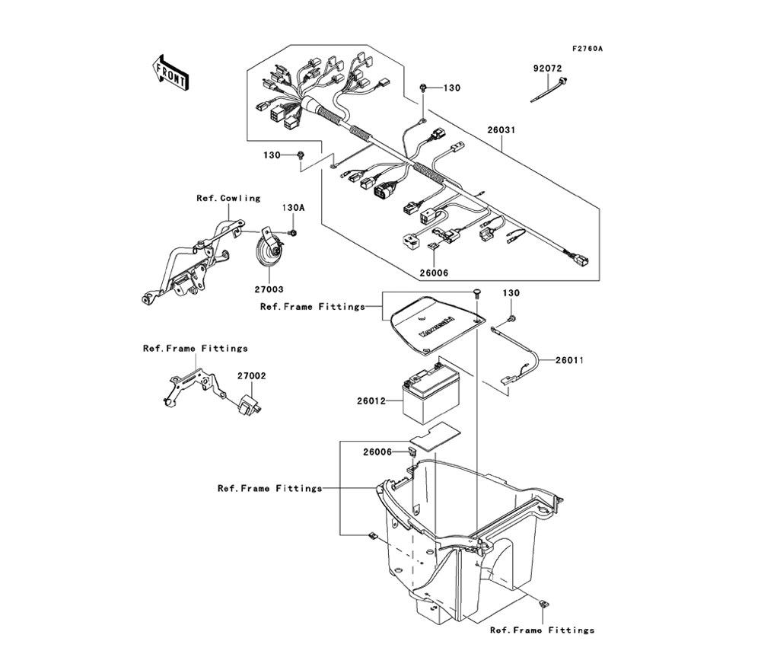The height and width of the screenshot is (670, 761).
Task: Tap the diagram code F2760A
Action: pos(587,49)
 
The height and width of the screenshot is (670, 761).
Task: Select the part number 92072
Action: pos(547,69)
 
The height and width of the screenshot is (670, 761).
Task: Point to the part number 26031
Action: pos(501,130)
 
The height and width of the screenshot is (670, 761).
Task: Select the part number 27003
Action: pos(269,289)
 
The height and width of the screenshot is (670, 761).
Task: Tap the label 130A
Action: pos(294,208)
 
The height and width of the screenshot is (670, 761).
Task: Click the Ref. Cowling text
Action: pos(228,198)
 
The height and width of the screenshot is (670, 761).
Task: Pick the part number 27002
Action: pos(251,376)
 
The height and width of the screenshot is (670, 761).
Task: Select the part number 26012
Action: pos(371,401)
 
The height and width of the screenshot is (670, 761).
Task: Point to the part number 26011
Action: pos(569,360)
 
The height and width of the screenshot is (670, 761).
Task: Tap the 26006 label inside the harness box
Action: pos(434,273)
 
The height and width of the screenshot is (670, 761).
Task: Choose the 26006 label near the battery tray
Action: pos(377,452)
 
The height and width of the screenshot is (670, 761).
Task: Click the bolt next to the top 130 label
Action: pos(423,88)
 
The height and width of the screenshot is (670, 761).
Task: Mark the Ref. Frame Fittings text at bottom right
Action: pos(542,630)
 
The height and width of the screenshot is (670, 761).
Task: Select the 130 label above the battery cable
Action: pos(511,293)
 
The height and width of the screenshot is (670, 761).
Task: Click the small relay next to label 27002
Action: pos(249,405)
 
